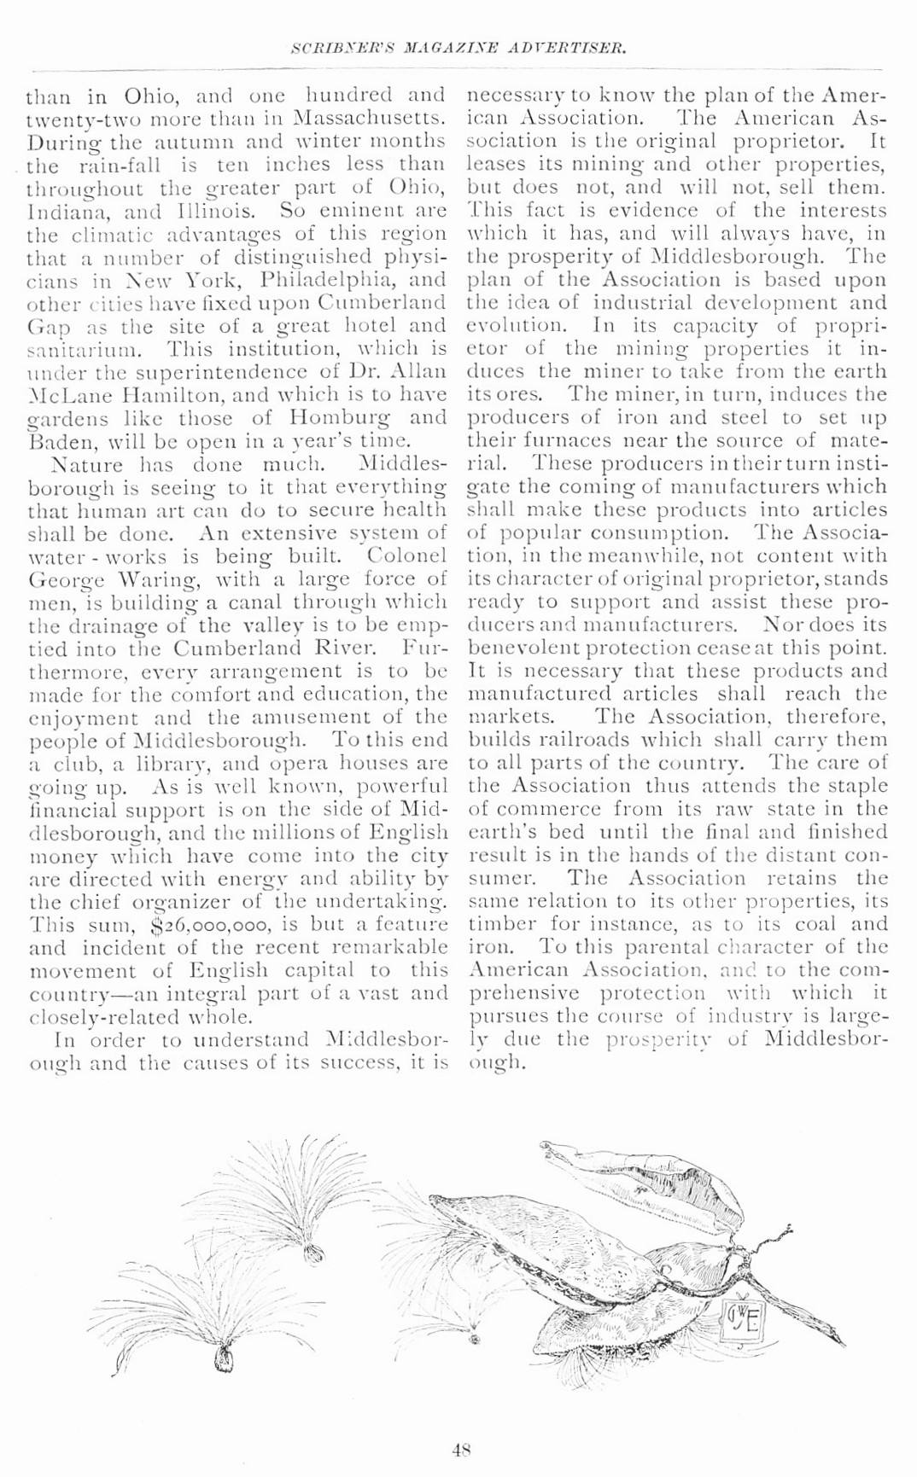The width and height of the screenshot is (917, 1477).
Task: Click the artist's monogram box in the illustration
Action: [743, 1321]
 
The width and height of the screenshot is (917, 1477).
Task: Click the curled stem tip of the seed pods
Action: [780, 1232]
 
